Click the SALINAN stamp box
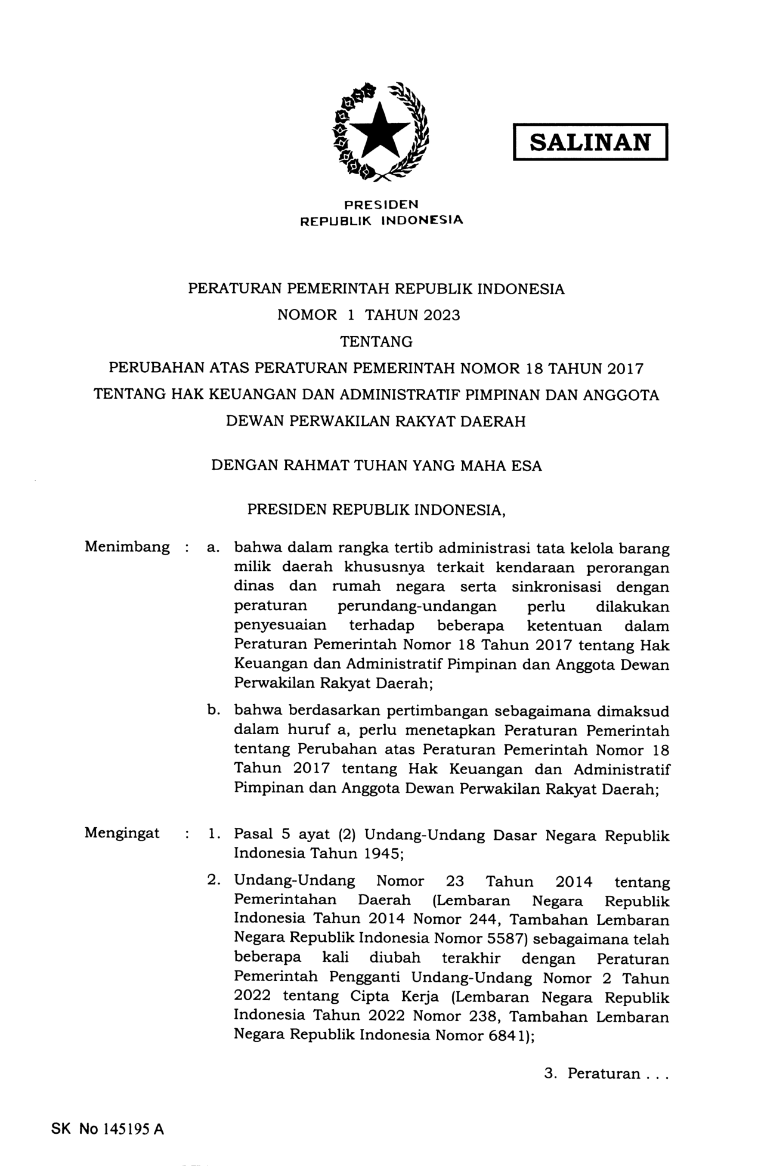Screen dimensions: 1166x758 (x=590, y=142)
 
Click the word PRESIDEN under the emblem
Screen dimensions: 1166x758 (x=382, y=205)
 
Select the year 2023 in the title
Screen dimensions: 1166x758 (x=442, y=316)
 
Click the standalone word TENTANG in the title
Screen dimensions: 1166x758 (x=376, y=342)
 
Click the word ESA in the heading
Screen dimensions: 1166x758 (x=527, y=466)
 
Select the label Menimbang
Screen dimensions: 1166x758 (x=127, y=547)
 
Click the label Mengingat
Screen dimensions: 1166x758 (x=122, y=833)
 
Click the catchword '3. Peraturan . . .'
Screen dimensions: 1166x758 (x=607, y=1074)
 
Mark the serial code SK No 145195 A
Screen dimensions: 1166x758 (x=108, y=1129)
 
